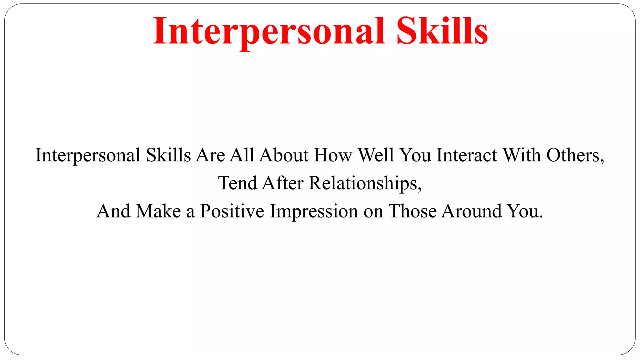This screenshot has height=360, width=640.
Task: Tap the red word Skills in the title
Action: pos(442,31)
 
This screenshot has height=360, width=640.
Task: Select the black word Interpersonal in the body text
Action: pos(88,155)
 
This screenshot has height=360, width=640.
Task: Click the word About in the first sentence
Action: pos(284,155)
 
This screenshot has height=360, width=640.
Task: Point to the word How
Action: pos(333,155)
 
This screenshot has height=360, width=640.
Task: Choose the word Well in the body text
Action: pos(376,155)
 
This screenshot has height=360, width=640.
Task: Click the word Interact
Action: pos(467,155)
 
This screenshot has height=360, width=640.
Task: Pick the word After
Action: pos(283,183)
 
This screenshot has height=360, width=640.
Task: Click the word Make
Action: pos(158,211)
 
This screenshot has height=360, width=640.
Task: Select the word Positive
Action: pos(232,211)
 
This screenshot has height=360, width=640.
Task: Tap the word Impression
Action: pos(314,211)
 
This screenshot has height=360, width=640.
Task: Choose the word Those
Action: pos(412,211)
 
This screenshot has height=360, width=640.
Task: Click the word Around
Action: pos(472,211)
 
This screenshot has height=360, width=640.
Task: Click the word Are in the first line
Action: pos(210,155)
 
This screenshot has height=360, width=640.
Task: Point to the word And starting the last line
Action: pos(113,211)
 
